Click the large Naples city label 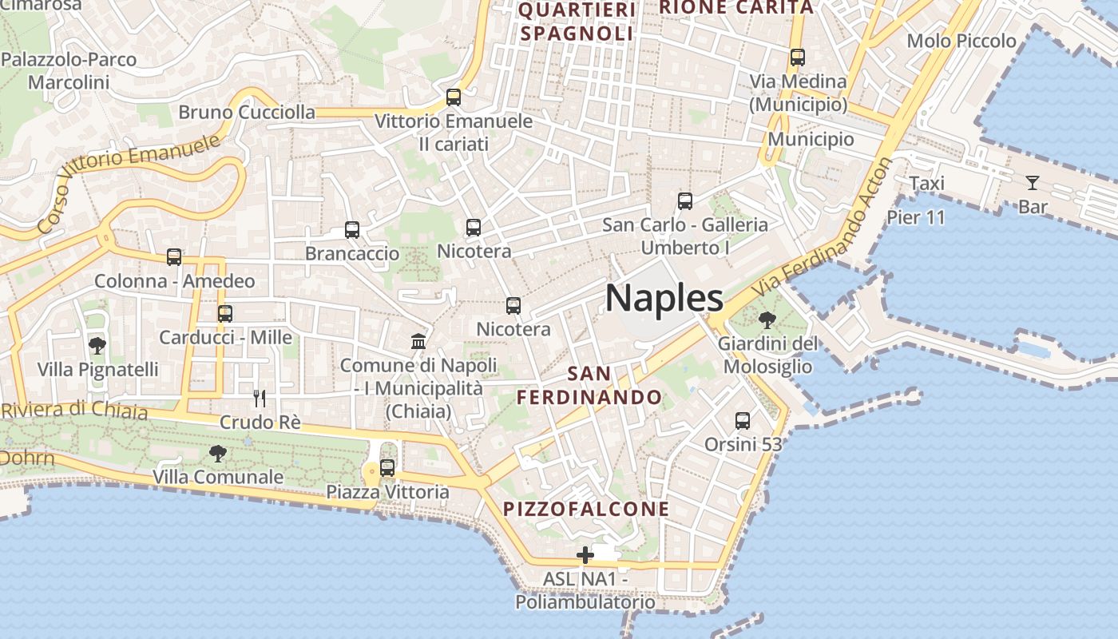tap(664, 298)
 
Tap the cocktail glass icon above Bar tap(1033, 183)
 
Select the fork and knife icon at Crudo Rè tap(259, 398)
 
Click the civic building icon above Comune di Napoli tap(418, 342)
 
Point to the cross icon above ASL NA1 tap(585, 555)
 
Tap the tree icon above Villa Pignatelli tap(97, 346)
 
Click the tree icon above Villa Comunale tap(217, 454)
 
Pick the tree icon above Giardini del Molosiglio tap(767, 320)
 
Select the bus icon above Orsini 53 tap(743, 420)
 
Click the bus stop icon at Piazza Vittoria tap(387, 468)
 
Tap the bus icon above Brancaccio tap(352, 230)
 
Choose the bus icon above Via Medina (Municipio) tap(797, 58)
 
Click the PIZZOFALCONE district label tap(586, 509)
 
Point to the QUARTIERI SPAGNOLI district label tap(577, 22)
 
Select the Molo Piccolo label tap(961, 41)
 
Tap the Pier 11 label tap(915, 216)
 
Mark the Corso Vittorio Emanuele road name tap(128, 184)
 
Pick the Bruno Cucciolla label tap(247, 112)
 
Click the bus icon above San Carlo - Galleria tap(684, 201)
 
